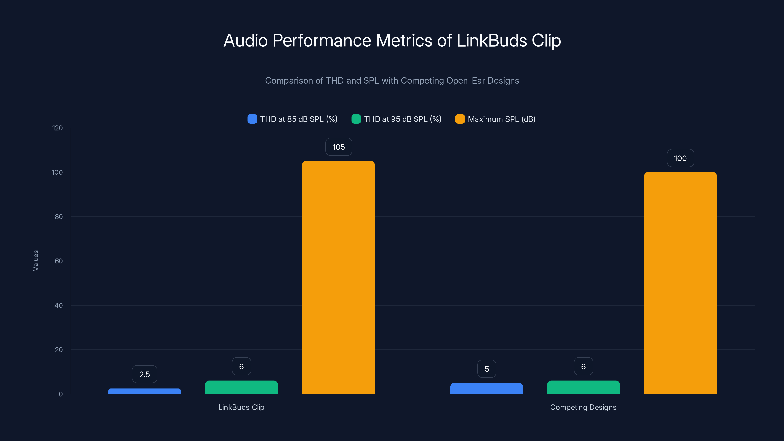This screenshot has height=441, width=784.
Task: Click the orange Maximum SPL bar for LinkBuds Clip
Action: (338, 277)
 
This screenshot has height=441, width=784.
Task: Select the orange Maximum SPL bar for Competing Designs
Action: (680, 283)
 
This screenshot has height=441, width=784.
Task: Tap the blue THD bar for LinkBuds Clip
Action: (144, 391)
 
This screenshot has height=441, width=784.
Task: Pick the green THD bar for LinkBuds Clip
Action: (241, 387)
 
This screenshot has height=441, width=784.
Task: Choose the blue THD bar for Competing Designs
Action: (486, 388)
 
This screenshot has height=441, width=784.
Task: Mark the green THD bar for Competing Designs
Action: (583, 387)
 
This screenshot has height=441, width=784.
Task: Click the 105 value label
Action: (338, 147)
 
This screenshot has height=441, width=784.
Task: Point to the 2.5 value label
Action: (144, 374)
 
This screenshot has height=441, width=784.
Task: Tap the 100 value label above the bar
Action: (680, 158)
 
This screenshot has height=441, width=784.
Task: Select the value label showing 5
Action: (486, 369)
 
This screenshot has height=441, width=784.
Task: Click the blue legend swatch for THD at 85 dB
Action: (252, 119)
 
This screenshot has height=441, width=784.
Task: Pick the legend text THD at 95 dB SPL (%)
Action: (402, 119)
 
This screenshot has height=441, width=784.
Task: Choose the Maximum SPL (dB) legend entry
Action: (501, 119)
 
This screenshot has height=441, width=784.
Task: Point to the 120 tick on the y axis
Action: (58, 128)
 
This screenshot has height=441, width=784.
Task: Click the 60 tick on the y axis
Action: (59, 261)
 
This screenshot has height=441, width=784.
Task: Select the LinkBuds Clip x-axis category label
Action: (241, 407)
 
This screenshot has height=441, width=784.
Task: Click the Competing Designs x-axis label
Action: (583, 407)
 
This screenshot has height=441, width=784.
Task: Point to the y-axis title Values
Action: (36, 260)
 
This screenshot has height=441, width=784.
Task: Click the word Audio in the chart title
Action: (245, 40)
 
